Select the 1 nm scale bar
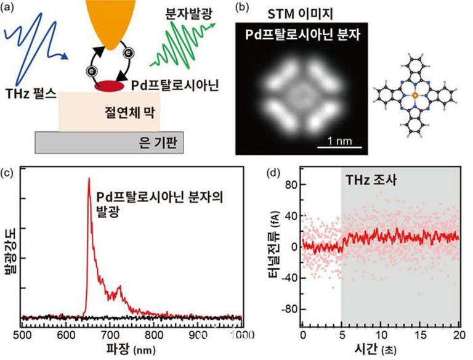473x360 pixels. [x=337, y=146]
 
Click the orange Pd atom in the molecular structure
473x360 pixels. [x=416, y=96]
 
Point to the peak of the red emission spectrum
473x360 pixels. [x=90, y=179]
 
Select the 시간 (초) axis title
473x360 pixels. [x=380, y=349]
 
